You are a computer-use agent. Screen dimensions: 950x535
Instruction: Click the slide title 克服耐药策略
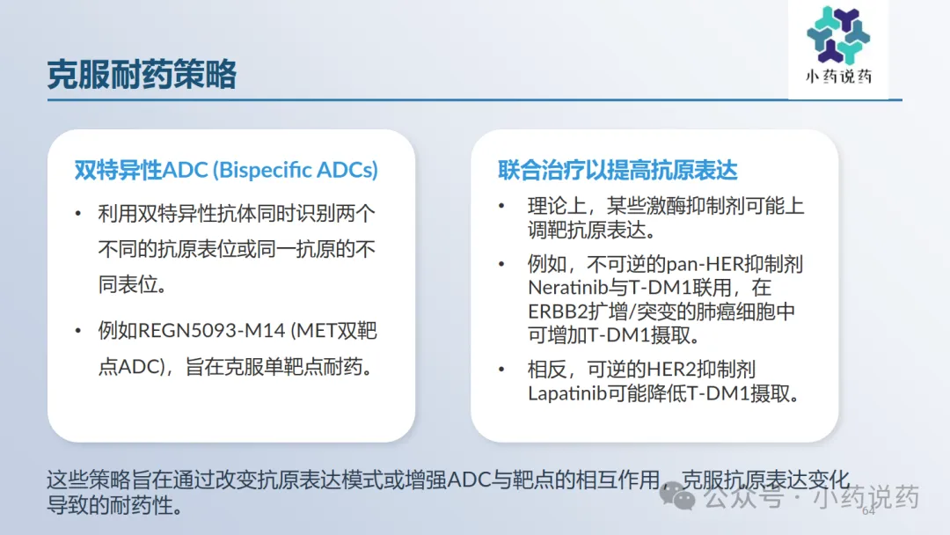pos(142,75)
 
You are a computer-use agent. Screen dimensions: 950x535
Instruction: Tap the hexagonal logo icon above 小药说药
pos(838,34)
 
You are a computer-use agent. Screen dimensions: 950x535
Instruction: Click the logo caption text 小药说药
pos(838,77)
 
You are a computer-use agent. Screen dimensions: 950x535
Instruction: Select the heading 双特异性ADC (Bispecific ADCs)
pos(226,170)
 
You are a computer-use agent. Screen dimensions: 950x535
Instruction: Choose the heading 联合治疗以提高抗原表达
pos(617,170)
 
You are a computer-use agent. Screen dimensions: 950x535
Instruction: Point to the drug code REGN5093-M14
pos(211,331)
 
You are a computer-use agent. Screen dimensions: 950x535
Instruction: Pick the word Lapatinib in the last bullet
pos(567,394)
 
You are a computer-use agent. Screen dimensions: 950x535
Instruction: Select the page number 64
pos(868,510)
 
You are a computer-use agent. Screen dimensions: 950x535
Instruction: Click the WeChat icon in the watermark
pos(677,495)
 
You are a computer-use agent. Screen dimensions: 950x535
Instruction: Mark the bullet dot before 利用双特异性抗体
pos(78,213)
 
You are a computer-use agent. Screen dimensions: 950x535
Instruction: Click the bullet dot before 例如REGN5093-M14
pos(78,331)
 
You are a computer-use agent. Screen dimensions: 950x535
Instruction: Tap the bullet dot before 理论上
pos(501,206)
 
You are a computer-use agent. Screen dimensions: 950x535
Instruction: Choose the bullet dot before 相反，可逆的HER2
pos(501,370)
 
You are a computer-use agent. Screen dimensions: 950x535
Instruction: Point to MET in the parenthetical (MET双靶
pos(317,331)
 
